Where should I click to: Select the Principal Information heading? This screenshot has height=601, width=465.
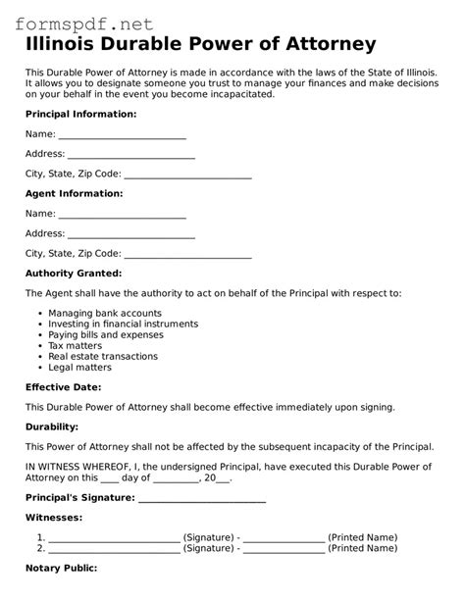click(80, 114)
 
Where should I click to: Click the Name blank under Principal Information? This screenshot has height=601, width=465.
click(122, 134)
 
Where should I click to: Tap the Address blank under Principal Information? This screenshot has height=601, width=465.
click(130, 154)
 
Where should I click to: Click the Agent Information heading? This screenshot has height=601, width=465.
click(74, 193)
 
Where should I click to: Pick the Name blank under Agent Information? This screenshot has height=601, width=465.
click(122, 214)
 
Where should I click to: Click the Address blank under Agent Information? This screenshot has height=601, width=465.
click(130, 234)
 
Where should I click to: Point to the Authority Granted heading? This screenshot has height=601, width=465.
click(74, 273)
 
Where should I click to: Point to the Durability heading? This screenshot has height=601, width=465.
click(54, 427)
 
